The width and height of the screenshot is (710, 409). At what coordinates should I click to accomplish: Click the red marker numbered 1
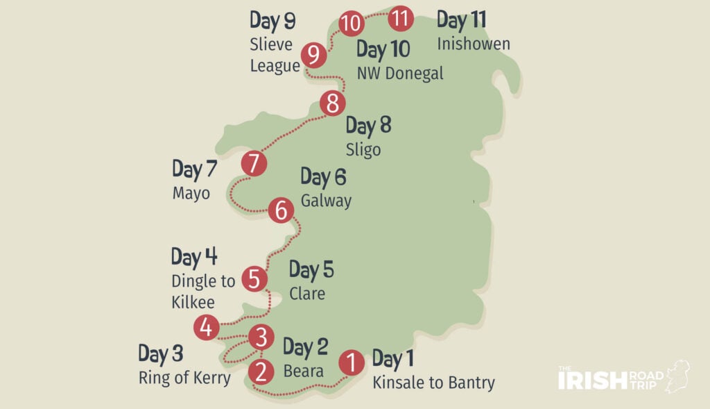[352, 362]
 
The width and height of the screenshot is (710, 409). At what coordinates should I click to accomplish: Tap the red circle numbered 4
[206, 326]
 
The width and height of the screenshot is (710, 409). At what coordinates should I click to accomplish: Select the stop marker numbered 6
[280, 210]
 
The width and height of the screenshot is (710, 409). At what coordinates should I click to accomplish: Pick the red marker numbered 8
[333, 104]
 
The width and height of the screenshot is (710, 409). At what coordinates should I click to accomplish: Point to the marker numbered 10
[352, 24]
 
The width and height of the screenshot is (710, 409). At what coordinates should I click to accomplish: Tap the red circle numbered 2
[261, 372]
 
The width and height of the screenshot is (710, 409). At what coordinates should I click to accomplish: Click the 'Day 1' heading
[393, 359]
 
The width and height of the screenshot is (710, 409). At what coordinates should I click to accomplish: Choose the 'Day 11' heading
[462, 20]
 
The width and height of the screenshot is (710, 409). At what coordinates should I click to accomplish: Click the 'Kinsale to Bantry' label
[433, 383]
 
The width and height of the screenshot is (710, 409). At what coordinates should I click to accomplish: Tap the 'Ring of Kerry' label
[184, 378]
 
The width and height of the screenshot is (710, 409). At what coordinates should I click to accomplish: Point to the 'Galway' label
[326, 201]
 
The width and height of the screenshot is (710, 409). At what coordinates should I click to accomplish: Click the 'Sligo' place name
[363, 150]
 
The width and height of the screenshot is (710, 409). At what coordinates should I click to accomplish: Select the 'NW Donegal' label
[399, 74]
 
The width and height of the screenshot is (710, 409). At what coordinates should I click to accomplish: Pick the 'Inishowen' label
[473, 44]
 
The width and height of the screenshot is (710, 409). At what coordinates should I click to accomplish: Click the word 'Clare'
[307, 294]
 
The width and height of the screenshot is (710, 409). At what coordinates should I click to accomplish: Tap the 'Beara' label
[303, 372]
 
